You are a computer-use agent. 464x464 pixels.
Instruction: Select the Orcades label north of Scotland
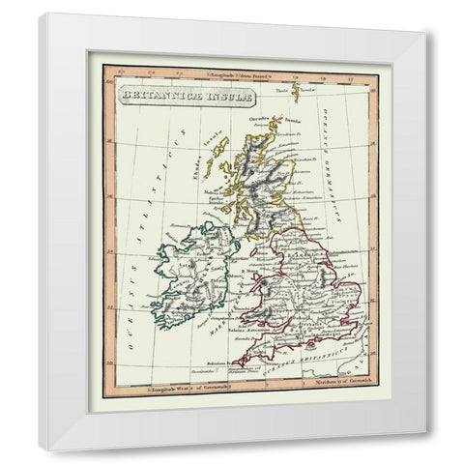point(258,116)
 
